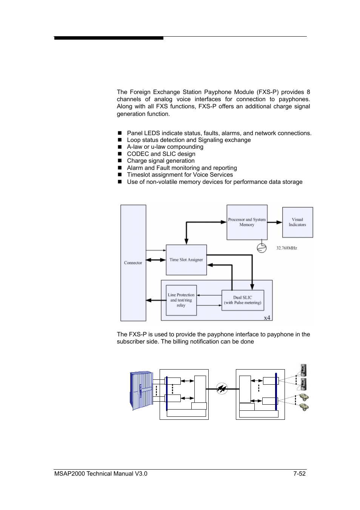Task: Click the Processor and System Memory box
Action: [x=247, y=222]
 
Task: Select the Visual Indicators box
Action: [x=297, y=222]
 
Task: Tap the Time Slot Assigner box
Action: [x=186, y=260]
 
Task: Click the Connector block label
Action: [x=133, y=263]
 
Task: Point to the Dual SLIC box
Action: [x=243, y=300]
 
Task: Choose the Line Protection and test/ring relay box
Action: [x=181, y=300]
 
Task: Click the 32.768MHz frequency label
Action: [x=286, y=248]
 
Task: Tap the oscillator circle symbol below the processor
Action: [x=262, y=248]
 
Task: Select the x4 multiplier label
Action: [x=267, y=318]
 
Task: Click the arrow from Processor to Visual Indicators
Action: [x=275, y=222]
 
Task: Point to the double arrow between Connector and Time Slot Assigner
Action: [x=156, y=260]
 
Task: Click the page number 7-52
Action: [x=299, y=474]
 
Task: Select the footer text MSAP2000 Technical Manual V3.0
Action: [x=101, y=474]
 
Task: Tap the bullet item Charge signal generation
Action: [x=161, y=161]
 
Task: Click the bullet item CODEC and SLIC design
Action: [x=161, y=154]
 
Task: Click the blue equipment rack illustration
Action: [x=142, y=390]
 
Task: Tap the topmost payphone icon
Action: [x=303, y=370]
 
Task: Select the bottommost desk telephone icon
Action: [x=304, y=407]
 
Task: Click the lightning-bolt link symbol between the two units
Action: [x=222, y=388]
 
